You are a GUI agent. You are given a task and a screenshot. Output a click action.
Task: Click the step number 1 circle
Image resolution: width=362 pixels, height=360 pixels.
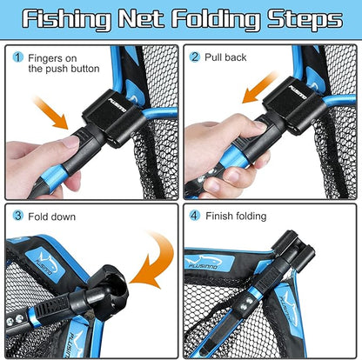[x=18, y=58]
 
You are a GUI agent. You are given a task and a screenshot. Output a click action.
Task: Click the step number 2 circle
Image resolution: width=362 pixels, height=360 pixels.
[x=195, y=58]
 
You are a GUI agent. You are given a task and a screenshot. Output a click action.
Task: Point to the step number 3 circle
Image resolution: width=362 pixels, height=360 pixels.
[x=18, y=215]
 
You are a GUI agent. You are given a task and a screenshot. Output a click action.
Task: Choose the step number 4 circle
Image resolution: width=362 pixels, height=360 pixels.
[x=195, y=215]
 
